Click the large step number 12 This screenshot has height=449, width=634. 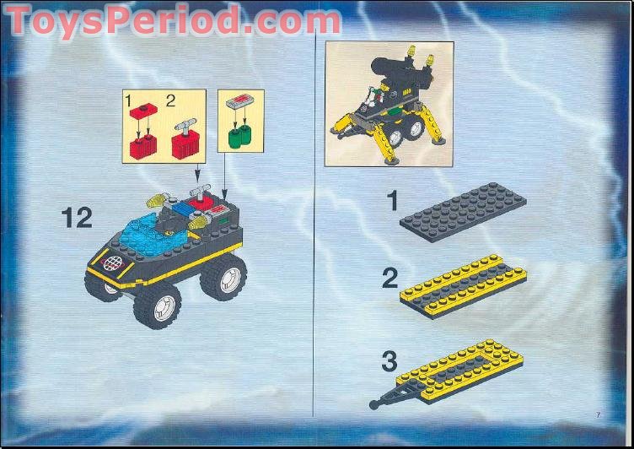click(76, 218)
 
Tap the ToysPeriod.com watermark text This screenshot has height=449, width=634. click(173, 20)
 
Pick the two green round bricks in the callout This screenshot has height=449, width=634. click(240, 136)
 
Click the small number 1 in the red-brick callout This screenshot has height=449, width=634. click(130, 100)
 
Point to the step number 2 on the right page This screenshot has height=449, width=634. click(389, 279)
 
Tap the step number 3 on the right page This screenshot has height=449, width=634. click(389, 362)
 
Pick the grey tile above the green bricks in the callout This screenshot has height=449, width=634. click(240, 102)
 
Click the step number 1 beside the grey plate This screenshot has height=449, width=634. click(390, 200)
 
